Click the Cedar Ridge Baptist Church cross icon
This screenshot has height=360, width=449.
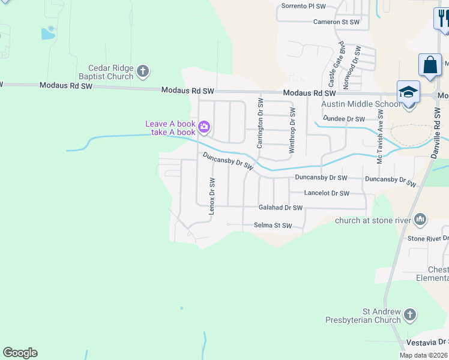pyautogui.click(x=143, y=72)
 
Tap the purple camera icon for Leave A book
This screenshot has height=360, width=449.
pyautogui.click(x=204, y=127)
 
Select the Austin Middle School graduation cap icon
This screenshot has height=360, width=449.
pyautogui.click(x=408, y=92)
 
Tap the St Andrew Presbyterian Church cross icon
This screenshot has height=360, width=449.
pyautogui.click(x=409, y=315)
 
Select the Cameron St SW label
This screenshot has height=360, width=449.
pyautogui.click(x=336, y=22)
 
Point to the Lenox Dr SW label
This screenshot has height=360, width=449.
pyautogui.click(x=211, y=196)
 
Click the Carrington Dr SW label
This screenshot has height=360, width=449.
pyautogui.click(x=260, y=123)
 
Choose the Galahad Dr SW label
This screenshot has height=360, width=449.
pyautogui.click(x=280, y=208)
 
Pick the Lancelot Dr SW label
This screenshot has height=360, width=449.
pyautogui.click(x=327, y=193)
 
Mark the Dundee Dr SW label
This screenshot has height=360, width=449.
pyautogui.click(x=343, y=119)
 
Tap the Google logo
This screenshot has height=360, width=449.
pyautogui.click(x=20, y=353)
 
